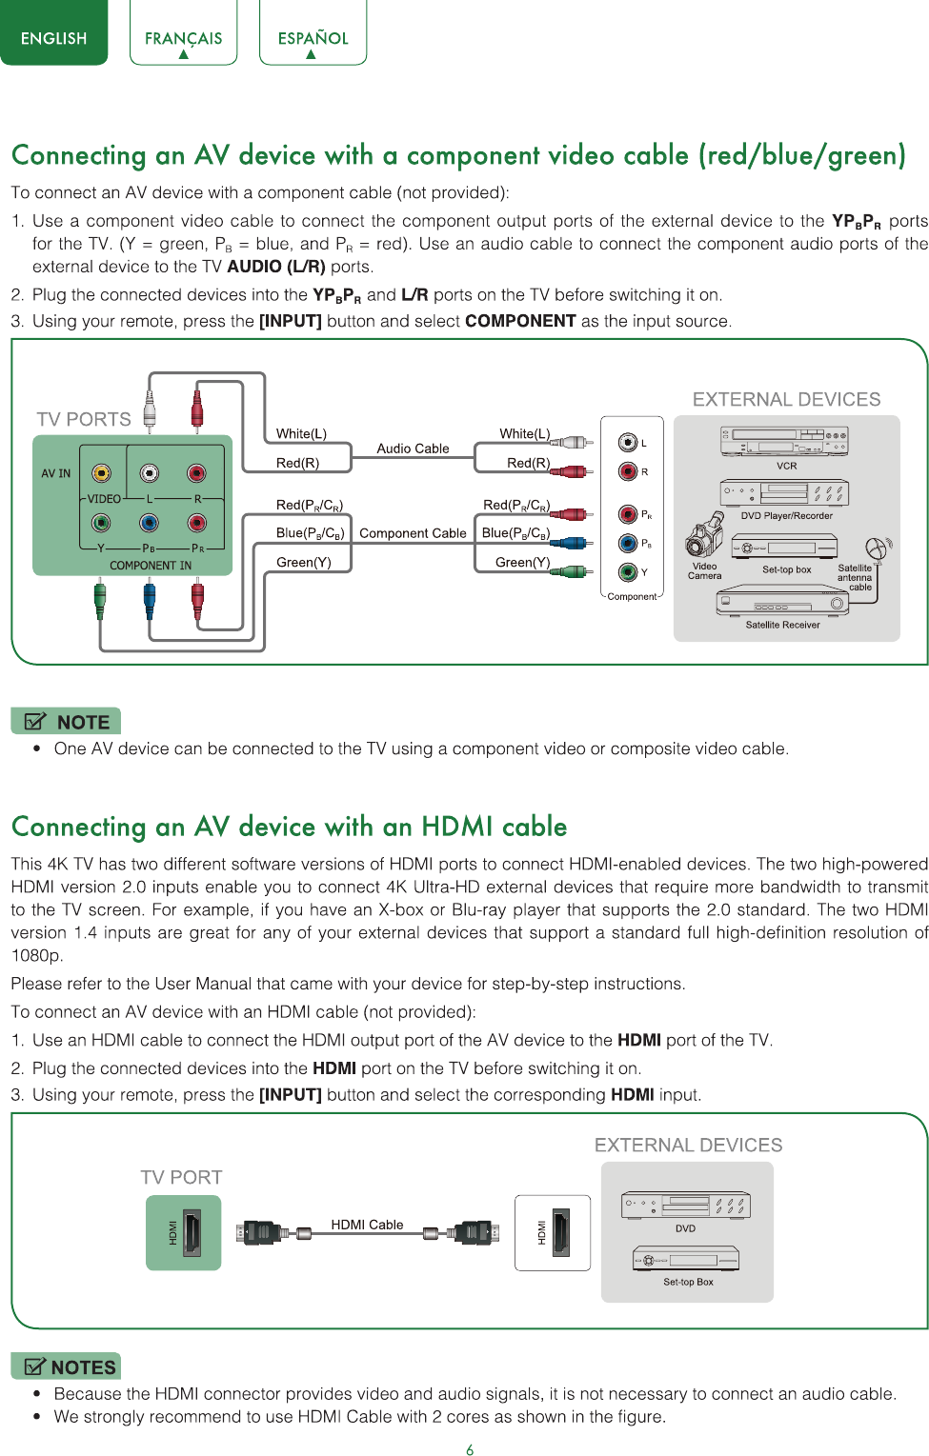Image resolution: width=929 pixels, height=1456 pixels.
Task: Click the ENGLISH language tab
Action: [x=54, y=32]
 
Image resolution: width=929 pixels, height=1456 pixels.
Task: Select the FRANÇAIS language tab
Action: [x=184, y=32]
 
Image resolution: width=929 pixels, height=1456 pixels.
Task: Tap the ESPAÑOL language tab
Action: [x=313, y=32]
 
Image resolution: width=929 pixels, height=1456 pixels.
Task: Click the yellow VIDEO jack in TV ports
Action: [x=101, y=472]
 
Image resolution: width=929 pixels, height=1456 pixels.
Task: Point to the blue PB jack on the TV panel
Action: [x=149, y=523]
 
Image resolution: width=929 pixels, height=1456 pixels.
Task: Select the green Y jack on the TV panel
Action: [x=101, y=523]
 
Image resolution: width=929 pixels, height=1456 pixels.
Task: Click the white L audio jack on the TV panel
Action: [x=150, y=472]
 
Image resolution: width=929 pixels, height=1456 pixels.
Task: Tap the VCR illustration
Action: [x=784, y=442]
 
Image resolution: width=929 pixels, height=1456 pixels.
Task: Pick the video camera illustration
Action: [x=704, y=533]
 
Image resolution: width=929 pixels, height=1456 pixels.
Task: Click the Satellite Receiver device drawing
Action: [x=782, y=601]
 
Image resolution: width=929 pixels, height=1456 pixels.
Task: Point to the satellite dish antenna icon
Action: [x=879, y=549]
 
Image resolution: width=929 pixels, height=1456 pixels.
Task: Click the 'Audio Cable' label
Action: [x=413, y=449]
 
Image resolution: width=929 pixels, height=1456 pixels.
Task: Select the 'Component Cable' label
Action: [x=413, y=533]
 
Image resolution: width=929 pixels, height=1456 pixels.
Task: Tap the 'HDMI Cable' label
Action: [x=367, y=1225]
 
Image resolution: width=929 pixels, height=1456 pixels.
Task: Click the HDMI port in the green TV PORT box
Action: [x=192, y=1232]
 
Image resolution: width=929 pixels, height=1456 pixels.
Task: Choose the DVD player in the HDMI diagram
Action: [x=686, y=1206]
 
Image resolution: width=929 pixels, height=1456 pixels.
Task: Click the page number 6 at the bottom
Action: [x=470, y=1449]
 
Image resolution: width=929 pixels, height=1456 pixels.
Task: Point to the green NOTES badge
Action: [x=66, y=1366]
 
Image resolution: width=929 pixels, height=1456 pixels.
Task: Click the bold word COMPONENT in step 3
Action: [x=520, y=321]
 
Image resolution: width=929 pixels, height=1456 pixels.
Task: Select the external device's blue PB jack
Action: [x=628, y=543]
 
